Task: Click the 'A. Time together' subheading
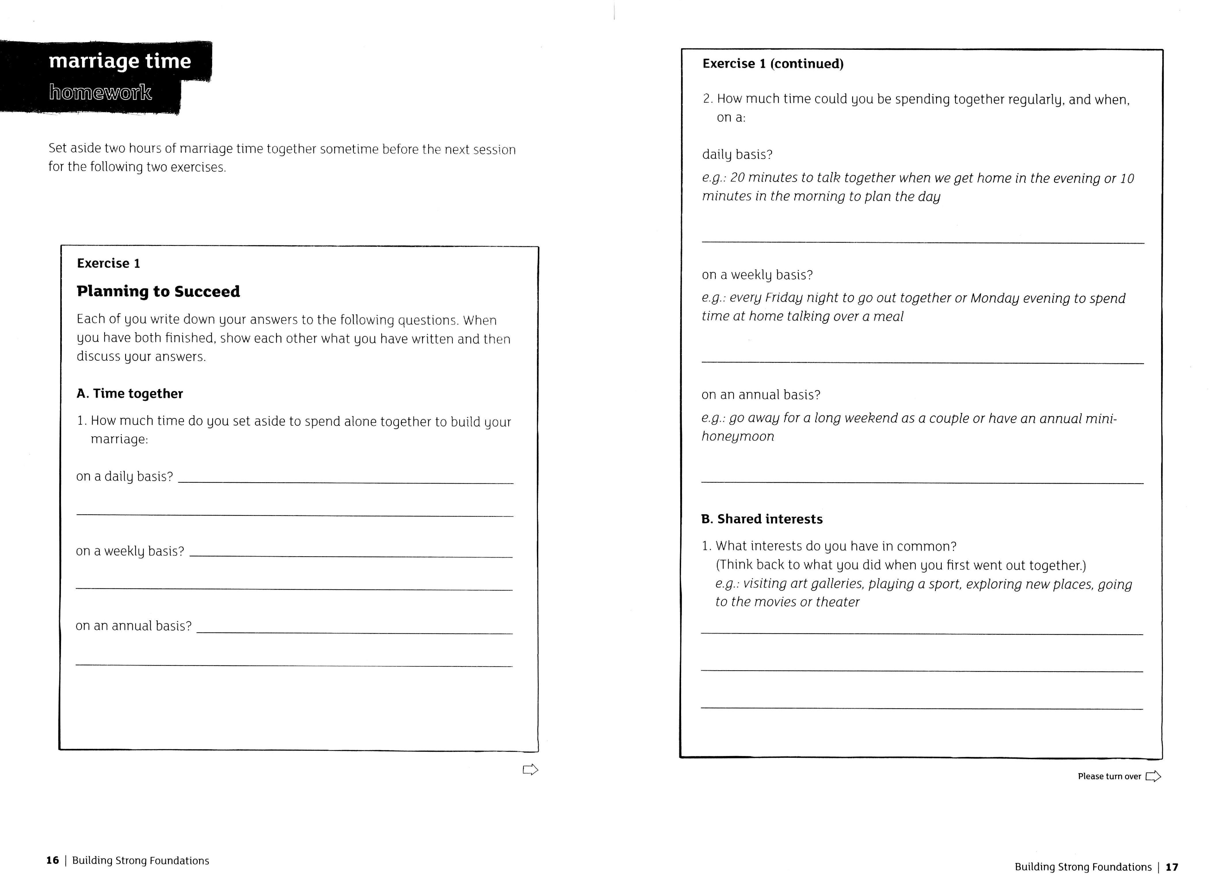(130, 394)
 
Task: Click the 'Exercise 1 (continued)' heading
(773, 64)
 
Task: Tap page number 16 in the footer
(52, 860)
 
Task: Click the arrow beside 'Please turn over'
(1153, 776)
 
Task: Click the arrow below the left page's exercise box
(530, 770)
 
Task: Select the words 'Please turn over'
(1109, 776)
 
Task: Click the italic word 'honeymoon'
(738, 437)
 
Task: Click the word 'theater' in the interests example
(837, 602)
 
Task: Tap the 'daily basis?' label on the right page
(737, 155)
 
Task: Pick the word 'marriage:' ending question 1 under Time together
(119, 439)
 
